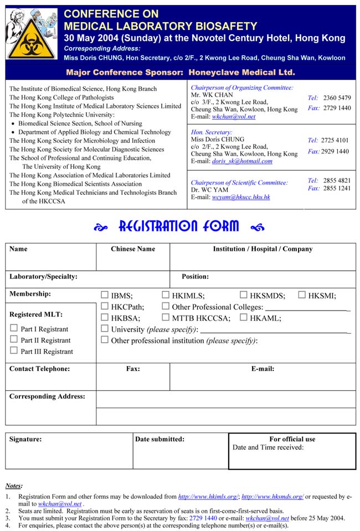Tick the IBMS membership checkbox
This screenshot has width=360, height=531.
(105, 295)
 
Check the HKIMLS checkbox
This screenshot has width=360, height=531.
(166, 295)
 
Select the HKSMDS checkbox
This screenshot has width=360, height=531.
(244, 295)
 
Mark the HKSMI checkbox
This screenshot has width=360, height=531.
(302, 295)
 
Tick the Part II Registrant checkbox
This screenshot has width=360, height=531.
(14, 339)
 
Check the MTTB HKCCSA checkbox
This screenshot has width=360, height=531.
(166, 317)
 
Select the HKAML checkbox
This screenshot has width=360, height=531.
(244, 317)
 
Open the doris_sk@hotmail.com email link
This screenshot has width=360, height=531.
(242, 161)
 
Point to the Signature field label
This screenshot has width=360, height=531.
(25, 439)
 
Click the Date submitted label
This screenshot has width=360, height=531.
(160, 439)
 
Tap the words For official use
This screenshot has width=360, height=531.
(292, 439)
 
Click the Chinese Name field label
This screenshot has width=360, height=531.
(133, 249)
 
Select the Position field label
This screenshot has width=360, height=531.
(195, 276)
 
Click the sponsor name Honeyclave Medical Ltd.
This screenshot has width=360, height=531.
(241, 73)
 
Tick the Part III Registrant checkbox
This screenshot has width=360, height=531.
(14, 350)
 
